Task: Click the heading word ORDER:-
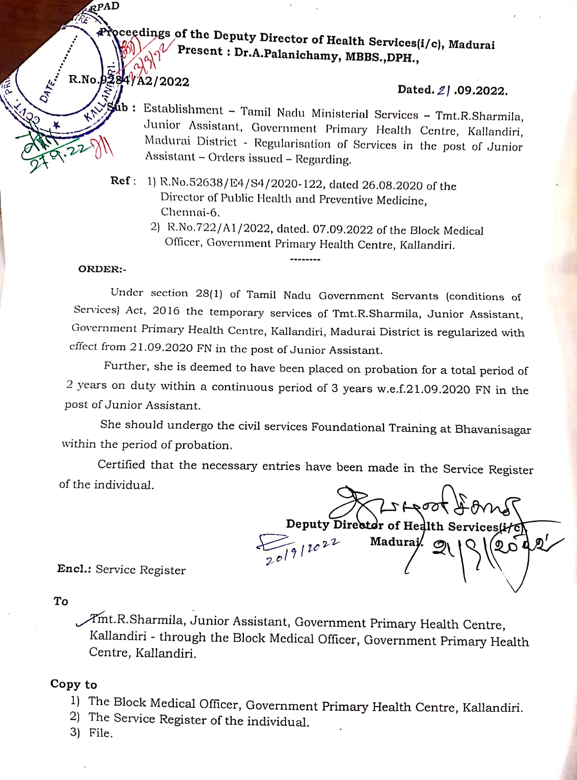(102, 270)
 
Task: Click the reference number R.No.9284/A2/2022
(129, 81)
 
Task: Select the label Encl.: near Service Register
(74, 568)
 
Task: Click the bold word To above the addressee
(61, 601)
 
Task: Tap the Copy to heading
(74, 684)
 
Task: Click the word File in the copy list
(100, 733)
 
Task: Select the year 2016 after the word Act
(166, 311)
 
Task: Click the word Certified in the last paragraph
(121, 465)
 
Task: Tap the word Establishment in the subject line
(183, 109)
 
